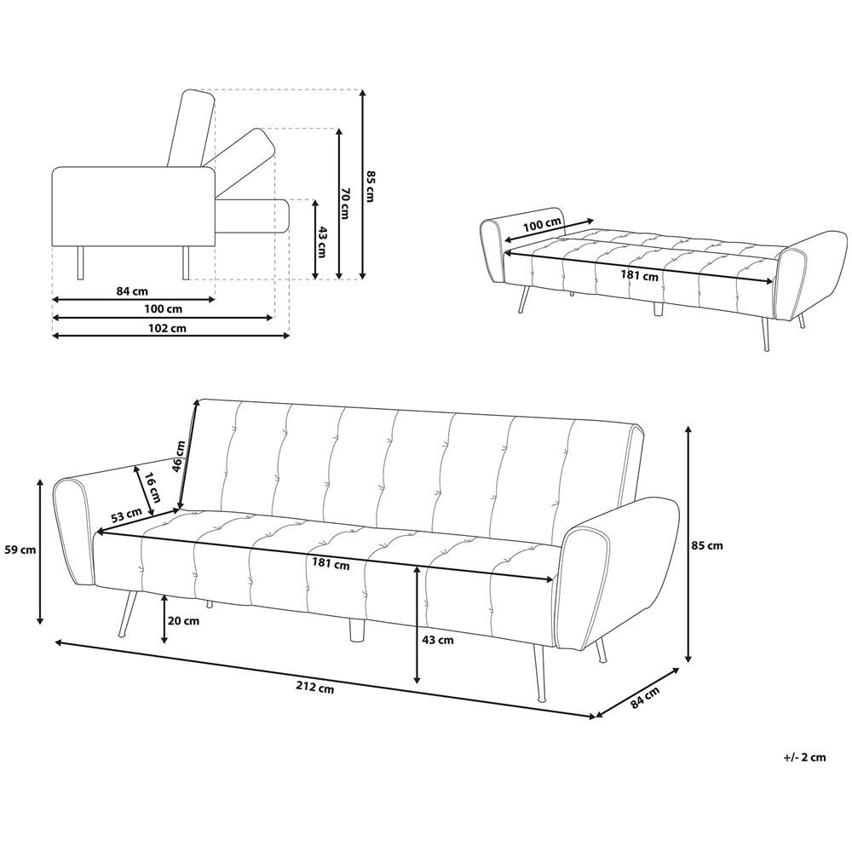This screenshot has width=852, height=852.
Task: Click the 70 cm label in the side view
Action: [x=344, y=204]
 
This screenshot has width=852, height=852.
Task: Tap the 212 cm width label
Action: [x=315, y=688]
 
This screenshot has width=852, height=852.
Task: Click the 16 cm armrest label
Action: [x=153, y=486]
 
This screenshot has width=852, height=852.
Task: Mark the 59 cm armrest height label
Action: [x=20, y=550]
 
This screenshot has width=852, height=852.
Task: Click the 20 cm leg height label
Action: [x=184, y=620]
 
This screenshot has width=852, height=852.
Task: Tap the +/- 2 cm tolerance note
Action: [x=805, y=757]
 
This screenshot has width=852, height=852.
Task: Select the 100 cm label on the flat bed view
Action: [x=541, y=225]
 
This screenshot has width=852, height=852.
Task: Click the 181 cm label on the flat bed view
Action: [x=640, y=275]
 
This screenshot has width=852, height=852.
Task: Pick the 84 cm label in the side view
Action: [x=132, y=291]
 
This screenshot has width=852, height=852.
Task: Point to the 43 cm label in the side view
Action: [x=321, y=242]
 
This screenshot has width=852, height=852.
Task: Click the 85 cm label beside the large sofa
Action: [x=707, y=545]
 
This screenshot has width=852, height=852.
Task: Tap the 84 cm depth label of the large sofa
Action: [x=646, y=697]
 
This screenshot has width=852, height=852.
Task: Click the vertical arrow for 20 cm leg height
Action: [x=164, y=619]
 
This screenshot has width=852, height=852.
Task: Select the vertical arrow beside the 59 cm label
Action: [x=40, y=551]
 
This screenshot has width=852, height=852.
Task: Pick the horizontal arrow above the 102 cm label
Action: [x=163, y=318]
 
